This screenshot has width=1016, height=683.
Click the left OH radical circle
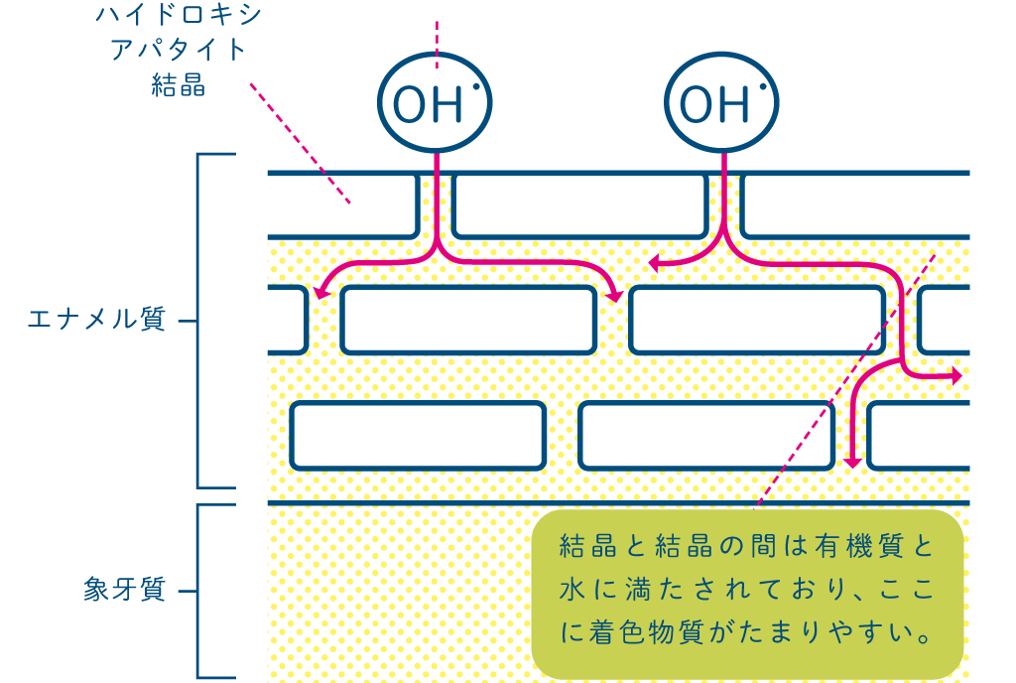436,103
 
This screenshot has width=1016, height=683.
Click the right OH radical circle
721,103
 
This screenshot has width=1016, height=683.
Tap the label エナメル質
96,320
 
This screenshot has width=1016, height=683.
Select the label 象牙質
125,591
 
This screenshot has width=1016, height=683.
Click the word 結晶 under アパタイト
179,85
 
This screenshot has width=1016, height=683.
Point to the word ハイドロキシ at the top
179,14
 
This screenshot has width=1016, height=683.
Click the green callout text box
747,594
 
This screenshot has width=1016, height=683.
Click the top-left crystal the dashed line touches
341,205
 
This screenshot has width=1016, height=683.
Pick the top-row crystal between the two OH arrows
579,205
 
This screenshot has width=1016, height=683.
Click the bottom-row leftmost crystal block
418,435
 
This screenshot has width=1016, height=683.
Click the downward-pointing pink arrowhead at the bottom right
851,461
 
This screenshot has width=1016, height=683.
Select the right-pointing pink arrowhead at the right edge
955,376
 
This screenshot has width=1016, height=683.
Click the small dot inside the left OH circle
477,87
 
